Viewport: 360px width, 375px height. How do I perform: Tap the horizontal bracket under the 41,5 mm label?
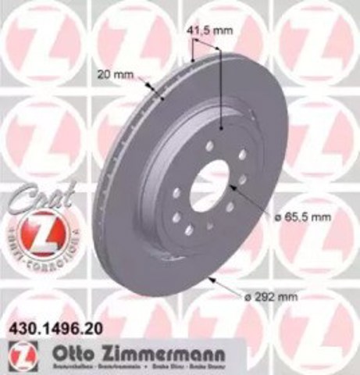tap(206, 43)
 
